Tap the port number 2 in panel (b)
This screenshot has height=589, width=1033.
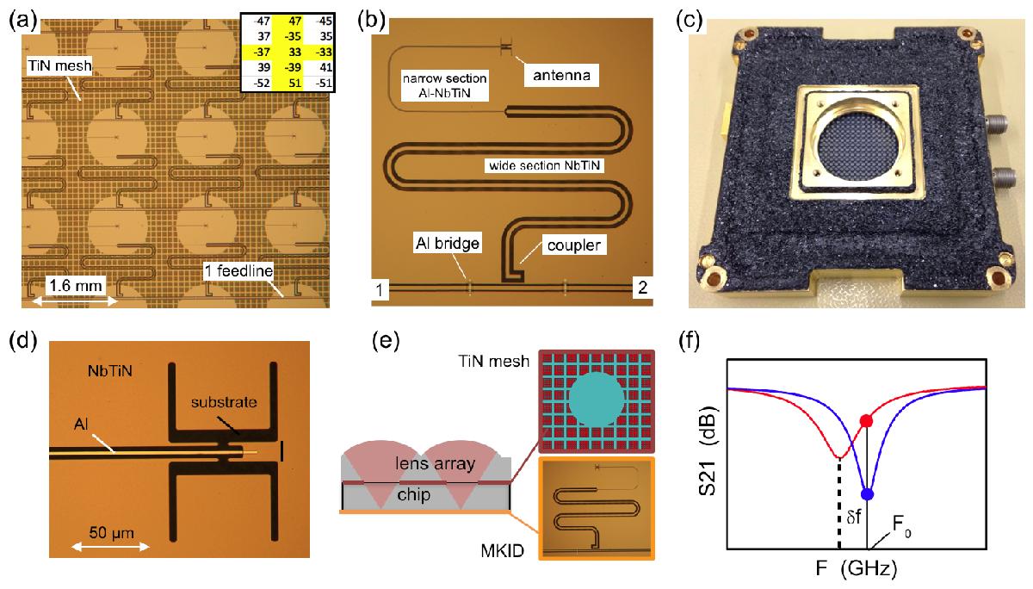640,288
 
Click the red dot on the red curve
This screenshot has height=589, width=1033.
867,421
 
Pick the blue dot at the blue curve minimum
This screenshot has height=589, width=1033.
867,494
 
